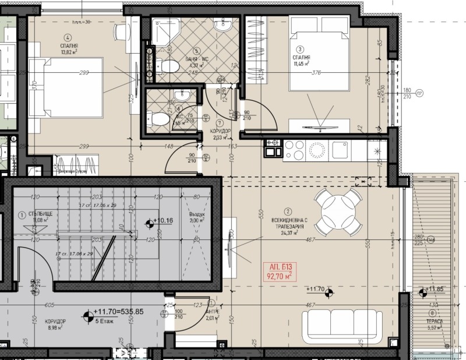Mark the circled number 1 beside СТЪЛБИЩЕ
click(22, 213)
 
